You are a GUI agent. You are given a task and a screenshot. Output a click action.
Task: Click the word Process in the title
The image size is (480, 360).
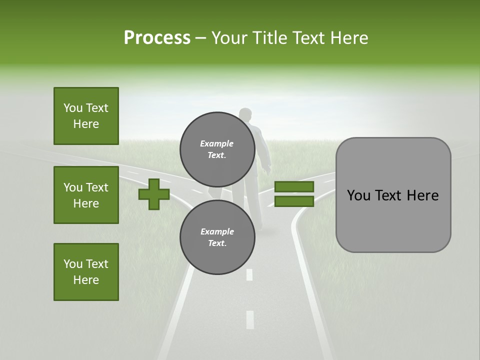point(157,37)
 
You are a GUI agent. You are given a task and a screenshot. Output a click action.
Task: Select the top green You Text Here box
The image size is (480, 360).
point(86,116)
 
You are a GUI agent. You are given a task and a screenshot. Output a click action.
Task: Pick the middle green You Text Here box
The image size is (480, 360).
point(86,195)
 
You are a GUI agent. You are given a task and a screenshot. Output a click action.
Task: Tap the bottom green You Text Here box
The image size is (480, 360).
point(86,272)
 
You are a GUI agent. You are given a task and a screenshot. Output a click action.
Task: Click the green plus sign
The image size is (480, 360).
point(154,194)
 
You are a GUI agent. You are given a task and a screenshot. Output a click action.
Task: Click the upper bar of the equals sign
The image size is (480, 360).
point(294,187)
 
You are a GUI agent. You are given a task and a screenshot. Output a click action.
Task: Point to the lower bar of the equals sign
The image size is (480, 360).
point(294,201)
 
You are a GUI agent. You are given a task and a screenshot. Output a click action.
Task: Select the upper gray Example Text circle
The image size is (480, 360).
point(217,149)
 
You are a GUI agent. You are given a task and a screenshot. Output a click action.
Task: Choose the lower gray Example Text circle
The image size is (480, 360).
point(217,237)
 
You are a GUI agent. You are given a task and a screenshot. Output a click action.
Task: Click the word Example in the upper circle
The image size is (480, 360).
point(217,143)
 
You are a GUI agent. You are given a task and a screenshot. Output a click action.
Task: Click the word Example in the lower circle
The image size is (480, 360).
point(217,231)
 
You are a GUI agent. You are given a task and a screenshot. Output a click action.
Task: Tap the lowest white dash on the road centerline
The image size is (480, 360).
point(250,319)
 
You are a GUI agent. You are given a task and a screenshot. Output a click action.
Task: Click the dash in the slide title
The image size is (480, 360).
point(200,38)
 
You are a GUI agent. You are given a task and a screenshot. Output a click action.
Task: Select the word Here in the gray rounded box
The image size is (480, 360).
point(422,195)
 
